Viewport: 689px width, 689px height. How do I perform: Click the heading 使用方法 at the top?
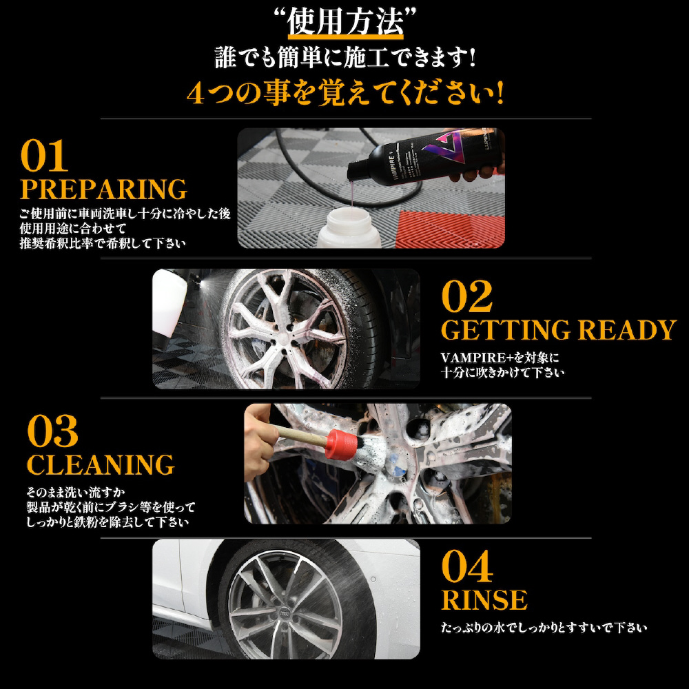pos(345,23)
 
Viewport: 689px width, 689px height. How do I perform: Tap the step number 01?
pos(44,156)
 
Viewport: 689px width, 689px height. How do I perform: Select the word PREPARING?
pos(104,189)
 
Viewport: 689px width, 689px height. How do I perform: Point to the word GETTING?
pos(505,329)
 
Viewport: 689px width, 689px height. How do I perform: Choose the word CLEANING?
pos(101,464)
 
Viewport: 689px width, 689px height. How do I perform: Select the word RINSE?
pos(484,600)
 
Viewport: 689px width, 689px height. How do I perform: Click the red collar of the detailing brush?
pos(337,444)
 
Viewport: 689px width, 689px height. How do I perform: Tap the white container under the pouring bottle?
pos(349,229)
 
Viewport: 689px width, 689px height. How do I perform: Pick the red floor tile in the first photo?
pos(449,229)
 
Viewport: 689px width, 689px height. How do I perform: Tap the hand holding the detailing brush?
pos(260,442)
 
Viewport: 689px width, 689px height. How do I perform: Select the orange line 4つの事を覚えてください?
pos(345,93)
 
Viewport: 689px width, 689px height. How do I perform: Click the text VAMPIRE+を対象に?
pos(500,358)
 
